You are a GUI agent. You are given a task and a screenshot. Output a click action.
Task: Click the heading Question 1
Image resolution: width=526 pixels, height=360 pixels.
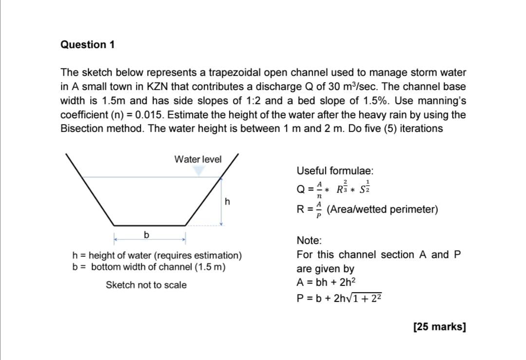[x=88, y=45]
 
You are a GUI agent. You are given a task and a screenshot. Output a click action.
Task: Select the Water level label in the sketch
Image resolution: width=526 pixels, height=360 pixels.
[x=198, y=159]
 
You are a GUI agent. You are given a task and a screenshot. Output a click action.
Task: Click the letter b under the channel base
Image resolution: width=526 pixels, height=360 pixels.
[x=146, y=235]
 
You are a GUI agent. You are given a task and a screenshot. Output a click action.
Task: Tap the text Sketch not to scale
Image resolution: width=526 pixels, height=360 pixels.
[x=146, y=285]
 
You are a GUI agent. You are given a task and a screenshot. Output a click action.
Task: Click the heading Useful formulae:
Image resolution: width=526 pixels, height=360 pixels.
[x=335, y=171]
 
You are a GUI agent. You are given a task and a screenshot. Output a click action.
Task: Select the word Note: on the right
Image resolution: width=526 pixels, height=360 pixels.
[x=309, y=241]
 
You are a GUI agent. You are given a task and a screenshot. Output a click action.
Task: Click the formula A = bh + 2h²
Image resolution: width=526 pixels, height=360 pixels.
[x=326, y=282]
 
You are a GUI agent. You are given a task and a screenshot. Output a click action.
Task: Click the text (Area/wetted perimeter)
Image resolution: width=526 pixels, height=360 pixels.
[x=382, y=210]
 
